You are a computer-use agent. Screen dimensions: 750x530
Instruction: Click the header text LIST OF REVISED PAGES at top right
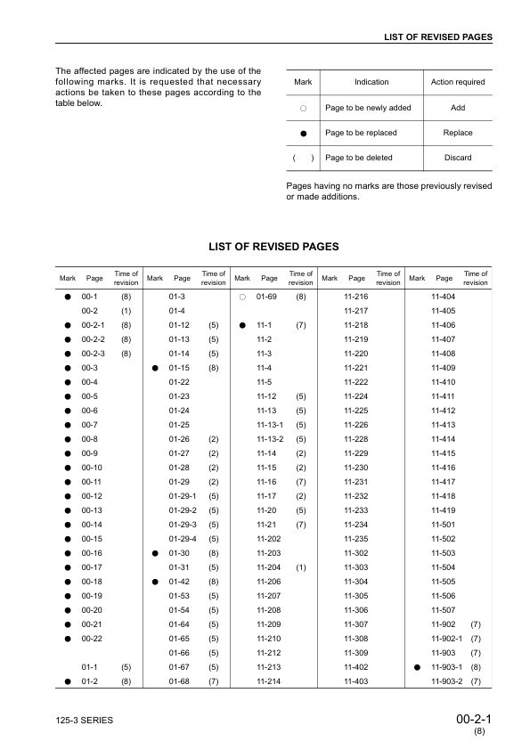(x=437, y=37)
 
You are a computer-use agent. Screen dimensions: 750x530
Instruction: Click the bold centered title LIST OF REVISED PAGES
(x=273, y=246)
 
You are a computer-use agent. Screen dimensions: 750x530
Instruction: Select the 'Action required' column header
(x=458, y=82)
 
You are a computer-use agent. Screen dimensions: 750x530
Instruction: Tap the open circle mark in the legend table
(x=303, y=108)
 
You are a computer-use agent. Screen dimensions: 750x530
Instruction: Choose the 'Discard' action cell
(x=458, y=158)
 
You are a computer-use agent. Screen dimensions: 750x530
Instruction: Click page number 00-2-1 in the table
(x=93, y=326)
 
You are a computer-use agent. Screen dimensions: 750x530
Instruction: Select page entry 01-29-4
(x=182, y=539)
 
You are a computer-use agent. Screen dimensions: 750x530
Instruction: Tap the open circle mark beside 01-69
(x=242, y=296)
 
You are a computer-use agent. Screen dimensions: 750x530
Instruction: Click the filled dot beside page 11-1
(x=242, y=326)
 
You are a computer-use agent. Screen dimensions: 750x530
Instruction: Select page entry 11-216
(x=356, y=296)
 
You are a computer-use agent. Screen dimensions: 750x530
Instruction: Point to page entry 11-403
(x=356, y=681)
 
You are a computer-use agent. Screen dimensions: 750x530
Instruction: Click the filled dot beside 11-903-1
(x=416, y=666)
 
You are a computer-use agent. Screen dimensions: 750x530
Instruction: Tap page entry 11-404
(x=443, y=296)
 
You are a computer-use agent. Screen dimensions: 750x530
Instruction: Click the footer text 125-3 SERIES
(x=84, y=719)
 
